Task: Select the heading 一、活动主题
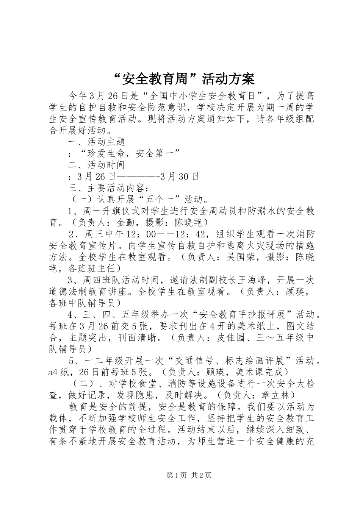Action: tap(96, 142)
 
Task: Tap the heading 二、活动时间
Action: tap(96, 165)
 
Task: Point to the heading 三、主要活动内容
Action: tap(106, 188)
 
